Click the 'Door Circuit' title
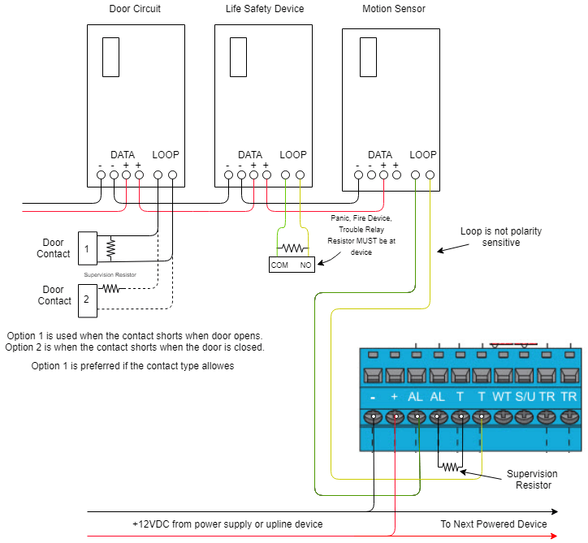pyautogui.click(x=135, y=9)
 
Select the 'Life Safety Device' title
pyautogui.click(x=265, y=9)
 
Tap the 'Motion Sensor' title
pyautogui.click(x=394, y=9)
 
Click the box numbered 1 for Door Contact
pyautogui.click(x=88, y=247)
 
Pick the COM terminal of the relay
pyautogui.click(x=279, y=265)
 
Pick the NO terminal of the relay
pyautogui.click(x=306, y=265)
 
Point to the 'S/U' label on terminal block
pyautogui.click(x=525, y=397)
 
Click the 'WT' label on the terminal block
pyautogui.click(x=503, y=397)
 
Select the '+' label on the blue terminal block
pyautogui.click(x=394, y=397)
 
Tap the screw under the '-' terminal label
pyautogui.click(x=372, y=418)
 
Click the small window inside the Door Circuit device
pyautogui.click(x=111, y=56)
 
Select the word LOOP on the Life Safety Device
pyautogui.click(x=293, y=155)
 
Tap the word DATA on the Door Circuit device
pyautogui.click(x=123, y=155)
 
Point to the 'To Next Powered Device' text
pyautogui.click(x=494, y=524)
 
